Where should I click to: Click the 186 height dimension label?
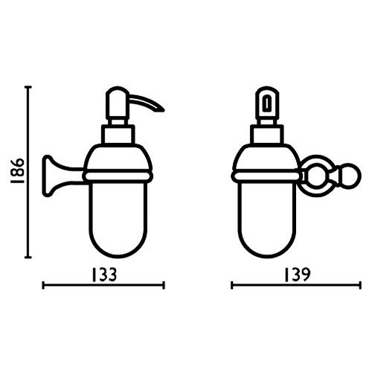(x=17, y=170)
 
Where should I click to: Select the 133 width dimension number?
(x=104, y=275)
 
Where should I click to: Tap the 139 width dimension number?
(x=297, y=275)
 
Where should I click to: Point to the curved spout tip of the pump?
(x=162, y=109)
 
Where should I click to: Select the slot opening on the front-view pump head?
(x=267, y=104)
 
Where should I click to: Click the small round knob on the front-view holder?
(x=350, y=176)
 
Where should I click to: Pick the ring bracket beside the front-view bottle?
(x=318, y=176)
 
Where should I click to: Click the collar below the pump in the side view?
(x=118, y=134)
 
